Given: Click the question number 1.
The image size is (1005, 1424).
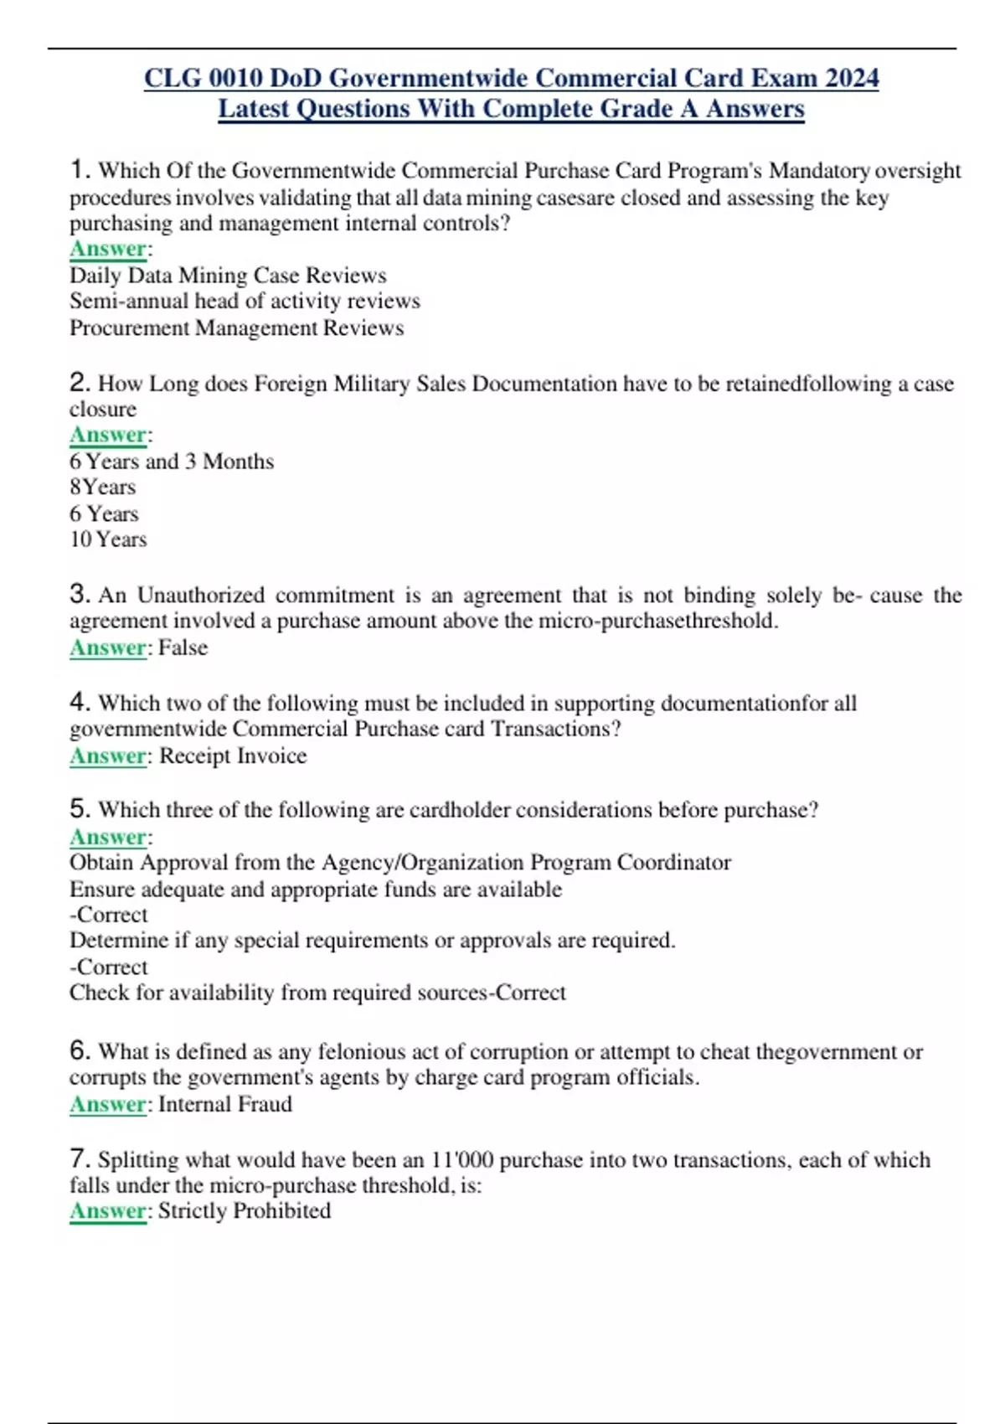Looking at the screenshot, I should click(79, 170).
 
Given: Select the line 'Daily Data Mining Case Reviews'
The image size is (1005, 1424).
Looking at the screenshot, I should click(228, 276).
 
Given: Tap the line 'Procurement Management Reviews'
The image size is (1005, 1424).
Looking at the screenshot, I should click(236, 328).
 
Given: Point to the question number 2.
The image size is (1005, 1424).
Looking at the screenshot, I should click(79, 383).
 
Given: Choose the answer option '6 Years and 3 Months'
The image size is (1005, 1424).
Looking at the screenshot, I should click(172, 462).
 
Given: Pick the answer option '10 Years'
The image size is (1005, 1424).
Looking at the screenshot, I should click(108, 539).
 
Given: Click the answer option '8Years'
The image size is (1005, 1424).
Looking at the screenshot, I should click(102, 487).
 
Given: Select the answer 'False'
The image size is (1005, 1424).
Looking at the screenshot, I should click(183, 648).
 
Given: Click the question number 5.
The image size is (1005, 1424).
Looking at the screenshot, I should click(79, 809).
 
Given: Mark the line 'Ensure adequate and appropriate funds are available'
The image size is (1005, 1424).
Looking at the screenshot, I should click(316, 889).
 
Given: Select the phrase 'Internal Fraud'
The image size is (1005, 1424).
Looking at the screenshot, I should click(225, 1104).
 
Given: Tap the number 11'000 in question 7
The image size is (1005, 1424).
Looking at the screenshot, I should click(461, 1160).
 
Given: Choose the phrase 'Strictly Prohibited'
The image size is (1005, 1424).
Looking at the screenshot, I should click(245, 1210).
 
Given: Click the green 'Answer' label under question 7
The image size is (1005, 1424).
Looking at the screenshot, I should click(108, 1210).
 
